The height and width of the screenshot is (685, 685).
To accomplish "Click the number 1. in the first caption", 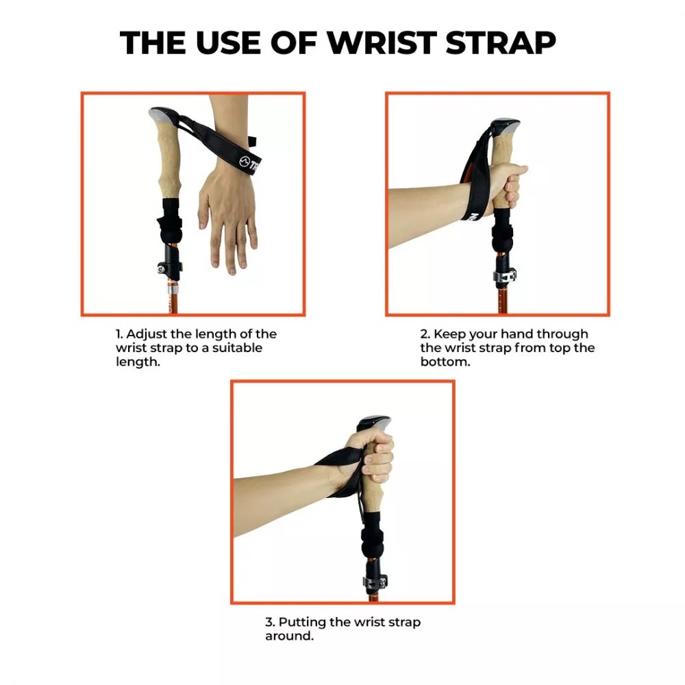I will click(119, 334).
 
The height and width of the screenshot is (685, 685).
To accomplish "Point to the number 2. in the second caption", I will click(425, 334).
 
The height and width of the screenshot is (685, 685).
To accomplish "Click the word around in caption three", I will click(288, 636).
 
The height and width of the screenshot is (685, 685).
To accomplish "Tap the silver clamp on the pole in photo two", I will click(501, 276).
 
